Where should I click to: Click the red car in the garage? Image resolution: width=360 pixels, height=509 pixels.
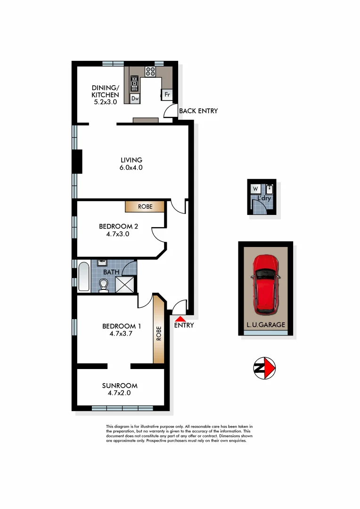tap(265, 285)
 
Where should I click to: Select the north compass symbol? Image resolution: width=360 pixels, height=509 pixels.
tap(264, 368)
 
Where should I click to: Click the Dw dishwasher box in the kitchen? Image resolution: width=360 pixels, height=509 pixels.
tap(135, 99)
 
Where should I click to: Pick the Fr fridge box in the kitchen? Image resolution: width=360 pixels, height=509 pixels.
tap(167, 95)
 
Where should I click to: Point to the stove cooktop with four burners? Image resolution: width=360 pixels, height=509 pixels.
tap(150, 72)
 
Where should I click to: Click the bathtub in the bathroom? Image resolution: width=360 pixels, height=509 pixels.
tap(84, 277)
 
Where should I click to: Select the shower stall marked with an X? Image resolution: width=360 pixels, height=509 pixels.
tap(125, 284)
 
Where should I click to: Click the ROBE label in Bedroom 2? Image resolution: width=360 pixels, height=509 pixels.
tap(145, 206)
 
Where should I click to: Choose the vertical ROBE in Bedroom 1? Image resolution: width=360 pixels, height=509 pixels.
tap(159, 333)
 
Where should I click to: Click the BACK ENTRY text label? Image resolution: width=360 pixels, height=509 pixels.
tap(198, 111)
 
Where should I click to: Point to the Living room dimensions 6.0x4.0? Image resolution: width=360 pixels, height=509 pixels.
tap(131, 167)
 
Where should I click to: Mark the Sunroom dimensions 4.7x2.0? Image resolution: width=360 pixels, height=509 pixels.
tap(120, 393)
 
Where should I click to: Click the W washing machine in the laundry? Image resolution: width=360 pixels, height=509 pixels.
tap(255, 189)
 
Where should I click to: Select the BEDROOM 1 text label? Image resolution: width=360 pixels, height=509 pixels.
tap(122, 326)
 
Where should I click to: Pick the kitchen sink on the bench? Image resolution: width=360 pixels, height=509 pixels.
tap(134, 83)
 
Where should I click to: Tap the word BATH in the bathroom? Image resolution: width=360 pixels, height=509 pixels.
tap(111, 272)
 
